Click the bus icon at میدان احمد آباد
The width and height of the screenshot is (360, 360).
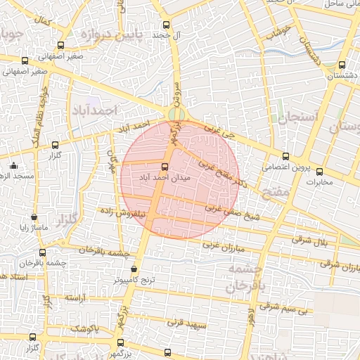pos(165,167)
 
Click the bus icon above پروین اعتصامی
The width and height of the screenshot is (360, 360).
pos(285,157)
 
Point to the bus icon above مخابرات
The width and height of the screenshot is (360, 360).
pos(319,171)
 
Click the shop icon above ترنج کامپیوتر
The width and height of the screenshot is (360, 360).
pos(134,269)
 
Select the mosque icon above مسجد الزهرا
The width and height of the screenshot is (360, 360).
pos(13,166)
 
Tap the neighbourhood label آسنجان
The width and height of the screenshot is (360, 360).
pos(298,117)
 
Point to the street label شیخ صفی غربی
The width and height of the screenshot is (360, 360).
pos(233,212)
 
